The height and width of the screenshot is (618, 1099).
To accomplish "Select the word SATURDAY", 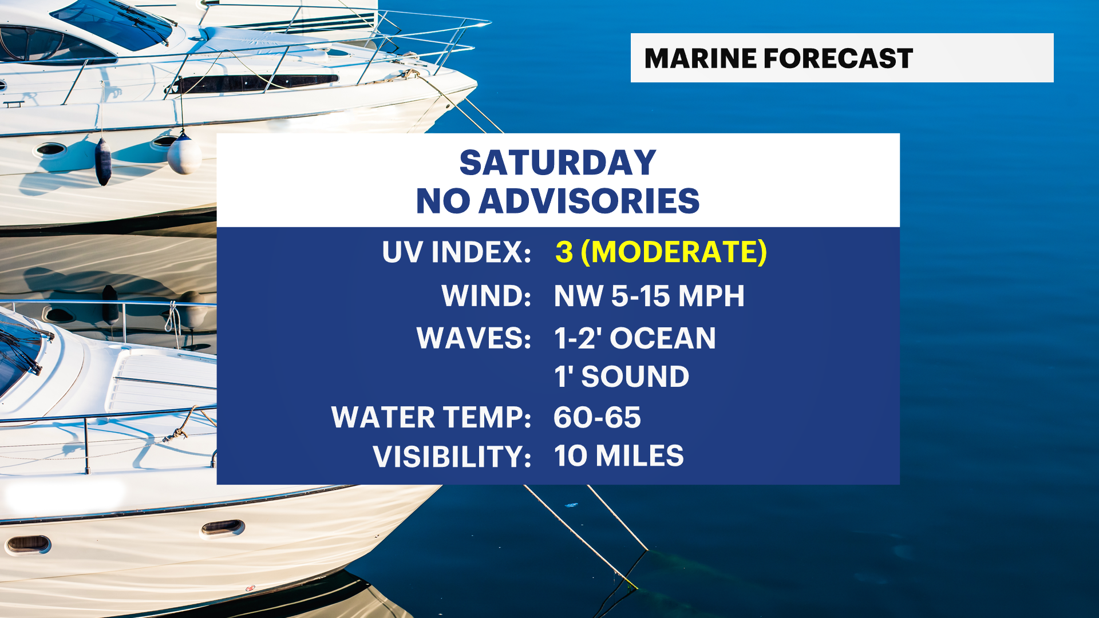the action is (558, 163).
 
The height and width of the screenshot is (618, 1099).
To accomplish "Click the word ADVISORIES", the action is (589, 201).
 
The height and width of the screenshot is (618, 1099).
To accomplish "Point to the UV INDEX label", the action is (457, 252).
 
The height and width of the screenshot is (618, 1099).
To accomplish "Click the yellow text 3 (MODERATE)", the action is (661, 252).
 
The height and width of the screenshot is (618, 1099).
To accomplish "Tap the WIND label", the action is (487, 296).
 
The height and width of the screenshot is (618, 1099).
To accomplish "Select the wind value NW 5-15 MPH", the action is (649, 296).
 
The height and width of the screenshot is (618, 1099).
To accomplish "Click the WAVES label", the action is (474, 338).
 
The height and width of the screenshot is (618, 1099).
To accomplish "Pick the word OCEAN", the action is (663, 338).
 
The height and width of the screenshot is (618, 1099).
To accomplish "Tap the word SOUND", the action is (635, 377).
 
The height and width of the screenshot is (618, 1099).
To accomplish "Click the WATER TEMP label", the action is (432, 417).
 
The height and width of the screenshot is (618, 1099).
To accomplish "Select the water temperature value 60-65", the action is (597, 417).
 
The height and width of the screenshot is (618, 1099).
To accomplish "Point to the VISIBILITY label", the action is (452, 457).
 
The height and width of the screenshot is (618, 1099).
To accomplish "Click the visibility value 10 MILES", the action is (619, 456).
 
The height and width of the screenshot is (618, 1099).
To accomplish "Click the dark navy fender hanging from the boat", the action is (103, 161).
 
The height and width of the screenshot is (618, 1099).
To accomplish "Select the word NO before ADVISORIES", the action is (443, 201).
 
